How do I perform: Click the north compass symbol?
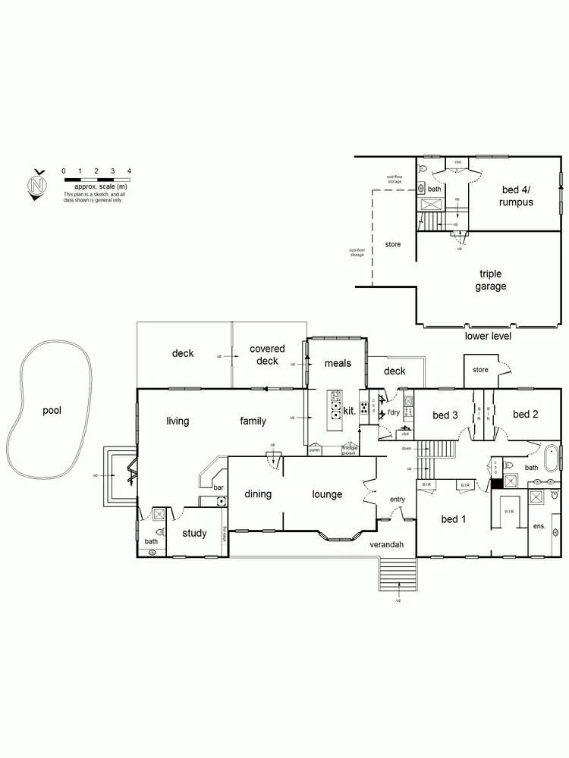click(36, 184)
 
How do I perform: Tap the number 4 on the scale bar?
click(130, 172)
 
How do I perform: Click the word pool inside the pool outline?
click(52, 411)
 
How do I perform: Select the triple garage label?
click(491, 280)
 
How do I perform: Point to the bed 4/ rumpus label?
click(516, 196)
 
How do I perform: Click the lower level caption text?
click(488, 336)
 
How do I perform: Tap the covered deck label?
click(267, 355)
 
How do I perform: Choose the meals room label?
click(338, 363)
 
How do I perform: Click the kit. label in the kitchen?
click(350, 409)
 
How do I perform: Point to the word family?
click(253, 421)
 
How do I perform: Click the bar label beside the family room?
click(218, 487)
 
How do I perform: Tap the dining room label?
click(258, 494)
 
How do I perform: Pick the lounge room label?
click(327, 494)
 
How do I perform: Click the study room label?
click(194, 533)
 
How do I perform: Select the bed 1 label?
click(454, 518)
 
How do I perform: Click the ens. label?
click(539, 525)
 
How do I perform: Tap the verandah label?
click(386, 545)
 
